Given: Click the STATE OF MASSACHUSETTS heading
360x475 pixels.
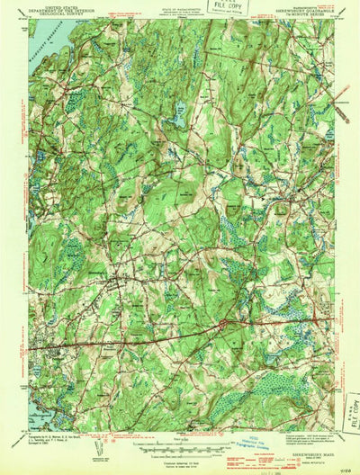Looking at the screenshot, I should [171, 8].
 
